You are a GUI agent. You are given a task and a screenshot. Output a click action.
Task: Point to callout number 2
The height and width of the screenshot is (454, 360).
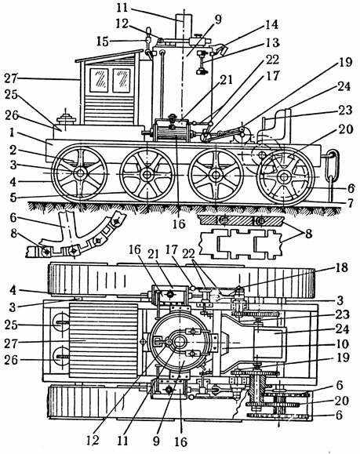pyautogui.click(x=13, y=150)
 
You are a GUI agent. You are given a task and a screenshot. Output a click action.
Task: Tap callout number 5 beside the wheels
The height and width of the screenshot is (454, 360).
pyautogui.click(x=13, y=198)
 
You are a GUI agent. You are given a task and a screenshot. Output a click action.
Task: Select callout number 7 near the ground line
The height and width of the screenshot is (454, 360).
pyautogui.click(x=351, y=203)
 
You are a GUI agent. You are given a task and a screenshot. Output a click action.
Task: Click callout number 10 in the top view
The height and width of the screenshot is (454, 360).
pyautogui.click(x=342, y=343)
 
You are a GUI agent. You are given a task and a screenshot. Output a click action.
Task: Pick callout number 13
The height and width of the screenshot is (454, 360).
pyautogui.click(x=272, y=42)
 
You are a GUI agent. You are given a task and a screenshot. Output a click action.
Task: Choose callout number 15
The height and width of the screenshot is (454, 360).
pyautogui.click(x=103, y=42)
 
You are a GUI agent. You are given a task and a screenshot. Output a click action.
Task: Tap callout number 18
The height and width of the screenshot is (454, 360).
pyautogui.click(x=342, y=267)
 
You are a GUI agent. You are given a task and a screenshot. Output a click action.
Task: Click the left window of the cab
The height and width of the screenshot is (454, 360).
pyautogui.click(x=99, y=80)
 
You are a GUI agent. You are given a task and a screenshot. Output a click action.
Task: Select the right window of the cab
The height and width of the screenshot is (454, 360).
pyautogui.click(x=122, y=80)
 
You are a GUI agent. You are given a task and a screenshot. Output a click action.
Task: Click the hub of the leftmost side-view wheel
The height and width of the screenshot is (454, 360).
pyautogui.click(x=79, y=174)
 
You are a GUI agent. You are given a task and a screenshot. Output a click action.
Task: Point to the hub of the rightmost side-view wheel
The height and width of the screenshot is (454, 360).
pyautogui.click(x=284, y=176)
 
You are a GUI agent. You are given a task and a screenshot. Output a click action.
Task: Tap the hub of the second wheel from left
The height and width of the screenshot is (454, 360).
pyautogui.click(x=147, y=175)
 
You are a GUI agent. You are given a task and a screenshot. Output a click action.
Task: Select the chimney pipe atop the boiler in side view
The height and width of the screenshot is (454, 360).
pyautogui.click(x=184, y=27)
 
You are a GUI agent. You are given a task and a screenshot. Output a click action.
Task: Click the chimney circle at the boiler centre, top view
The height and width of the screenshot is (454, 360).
pyautogui.click(x=180, y=342)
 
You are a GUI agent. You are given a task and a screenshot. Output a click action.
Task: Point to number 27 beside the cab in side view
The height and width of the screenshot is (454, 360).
pyautogui.click(x=11, y=78)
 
